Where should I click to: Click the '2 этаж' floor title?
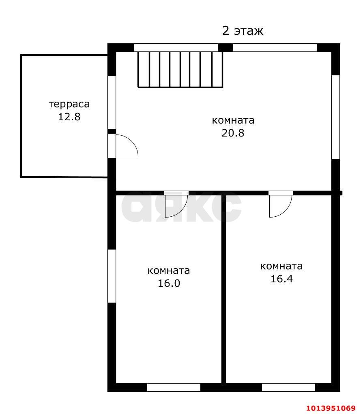pyautogui.click(x=243, y=31)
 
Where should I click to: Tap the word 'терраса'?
pyautogui.click(x=69, y=104)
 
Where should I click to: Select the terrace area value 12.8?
pyautogui.click(x=69, y=117)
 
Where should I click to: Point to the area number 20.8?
pyautogui.click(x=233, y=133)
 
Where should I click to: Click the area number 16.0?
pyautogui.click(x=169, y=283)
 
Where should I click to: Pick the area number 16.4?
pyautogui.click(x=281, y=279)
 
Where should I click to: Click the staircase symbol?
pyautogui.click(x=180, y=69)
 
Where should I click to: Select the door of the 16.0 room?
pyautogui.click(x=175, y=204)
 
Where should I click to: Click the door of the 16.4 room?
pyautogui.click(x=280, y=205)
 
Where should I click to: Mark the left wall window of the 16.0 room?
pyautogui.click(x=112, y=276)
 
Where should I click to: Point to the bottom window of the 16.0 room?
pyautogui.click(x=174, y=387)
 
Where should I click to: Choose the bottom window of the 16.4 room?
pyautogui.click(x=288, y=387)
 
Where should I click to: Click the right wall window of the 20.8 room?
pyautogui.click(x=335, y=117)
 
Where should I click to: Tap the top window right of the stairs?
pyautogui.click(x=275, y=47)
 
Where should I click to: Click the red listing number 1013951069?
pyautogui.click(x=330, y=408)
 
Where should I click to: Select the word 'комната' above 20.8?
pyautogui.click(x=233, y=120)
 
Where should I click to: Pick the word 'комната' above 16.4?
pyautogui.click(x=281, y=266)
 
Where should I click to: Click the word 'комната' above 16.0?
pyautogui.click(x=169, y=270)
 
